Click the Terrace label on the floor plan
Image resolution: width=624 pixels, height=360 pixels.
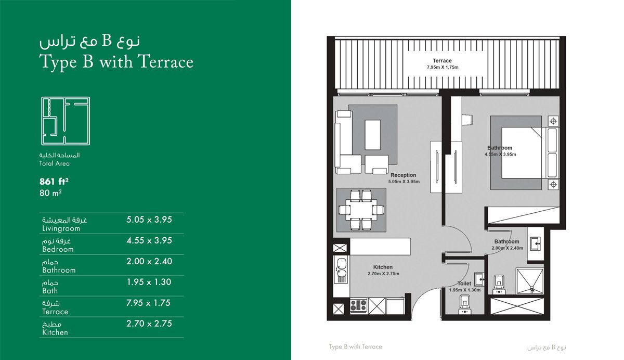pyautogui.click(x=442, y=61)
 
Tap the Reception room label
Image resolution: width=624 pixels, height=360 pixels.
pyautogui.click(x=403, y=175)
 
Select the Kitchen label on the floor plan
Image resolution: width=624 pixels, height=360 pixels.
pyautogui.click(x=383, y=267)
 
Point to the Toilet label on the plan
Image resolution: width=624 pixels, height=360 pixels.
pyautogui.click(x=464, y=284)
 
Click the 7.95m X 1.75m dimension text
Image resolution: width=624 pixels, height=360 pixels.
pyautogui.click(x=443, y=67)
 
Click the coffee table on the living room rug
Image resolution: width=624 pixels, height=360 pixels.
pyautogui.click(x=373, y=135)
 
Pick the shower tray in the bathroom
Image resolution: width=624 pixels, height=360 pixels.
pyautogui.click(x=530, y=281)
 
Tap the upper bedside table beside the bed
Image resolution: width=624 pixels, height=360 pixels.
pyautogui.click(x=553, y=121)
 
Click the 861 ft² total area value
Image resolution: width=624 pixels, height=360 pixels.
pyautogui.click(x=54, y=182)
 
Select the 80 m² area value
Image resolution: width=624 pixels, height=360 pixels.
pyautogui.click(x=50, y=193)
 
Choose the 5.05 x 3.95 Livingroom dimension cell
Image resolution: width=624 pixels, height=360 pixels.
pyautogui.click(x=149, y=220)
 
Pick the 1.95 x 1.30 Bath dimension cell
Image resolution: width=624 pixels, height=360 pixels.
pyautogui.click(x=149, y=282)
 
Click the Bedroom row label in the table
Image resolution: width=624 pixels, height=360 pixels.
pyautogui.click(x=58, y=249)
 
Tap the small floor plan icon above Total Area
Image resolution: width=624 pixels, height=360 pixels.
pyautogui.click(x=66, y=121)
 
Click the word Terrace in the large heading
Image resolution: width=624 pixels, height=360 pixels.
pyautogui.click(x=166, y=61)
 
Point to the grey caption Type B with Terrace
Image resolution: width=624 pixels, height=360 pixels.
pyautogui.click(x=356, y=346)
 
